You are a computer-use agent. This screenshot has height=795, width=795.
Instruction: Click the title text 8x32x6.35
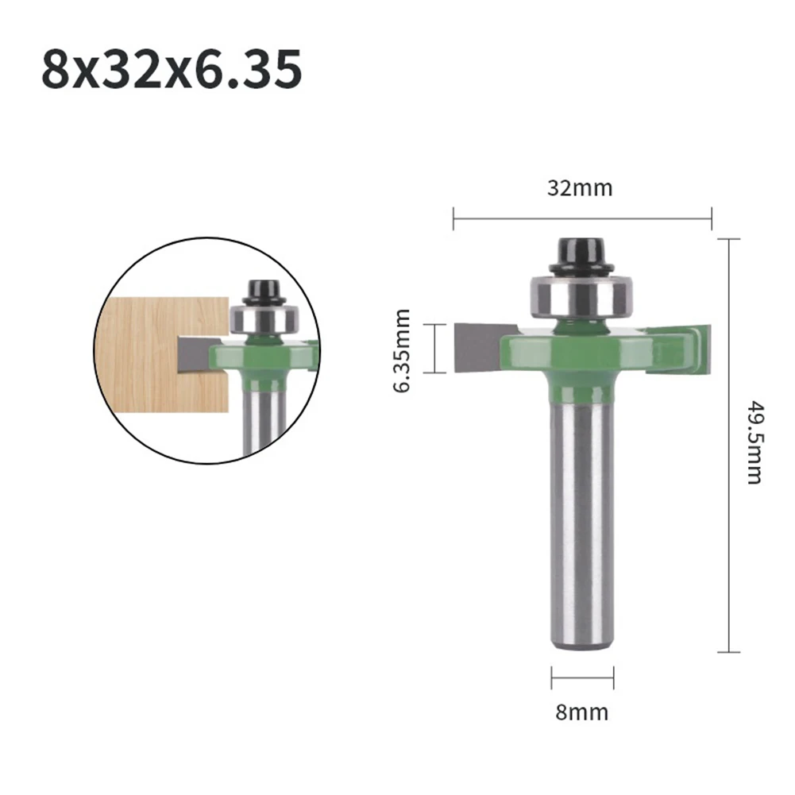pyautogui.click(x=172, y=70)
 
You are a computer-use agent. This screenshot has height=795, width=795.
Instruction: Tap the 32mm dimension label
pyautogui.click(x=580, y=188)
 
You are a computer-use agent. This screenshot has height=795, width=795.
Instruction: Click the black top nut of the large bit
pyautogui.click(x=582, y=254)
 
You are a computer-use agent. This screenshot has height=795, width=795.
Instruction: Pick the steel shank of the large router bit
pyautogui.click(x=582, y=516)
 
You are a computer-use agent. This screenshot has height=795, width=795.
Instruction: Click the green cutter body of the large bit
pyautogui.click(x=582, y=357)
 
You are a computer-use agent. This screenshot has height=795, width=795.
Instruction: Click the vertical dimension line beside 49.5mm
pyautogui.click(x=728, y=445)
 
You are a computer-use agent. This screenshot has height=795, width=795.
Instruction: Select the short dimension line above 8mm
pyautogui.click(x=582, y=678)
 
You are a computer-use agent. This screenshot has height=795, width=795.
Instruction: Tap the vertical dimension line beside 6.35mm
pyautogui.click(x=434, y=348)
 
